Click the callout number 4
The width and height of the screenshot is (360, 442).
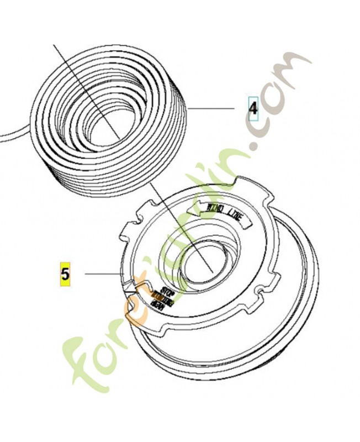point(253,108)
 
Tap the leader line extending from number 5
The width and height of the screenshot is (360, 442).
point(102,273)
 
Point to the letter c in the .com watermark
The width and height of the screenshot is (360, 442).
point(264,124)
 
